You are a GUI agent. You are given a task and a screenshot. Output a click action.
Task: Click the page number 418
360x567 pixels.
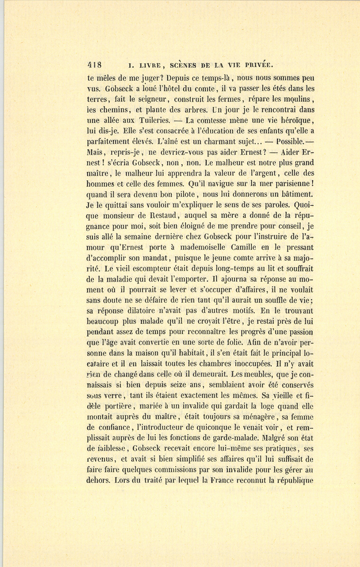[94, 65]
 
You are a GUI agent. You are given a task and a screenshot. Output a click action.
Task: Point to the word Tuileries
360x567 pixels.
[152, 120]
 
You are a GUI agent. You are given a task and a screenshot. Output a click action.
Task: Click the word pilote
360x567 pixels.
[183, 195]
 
